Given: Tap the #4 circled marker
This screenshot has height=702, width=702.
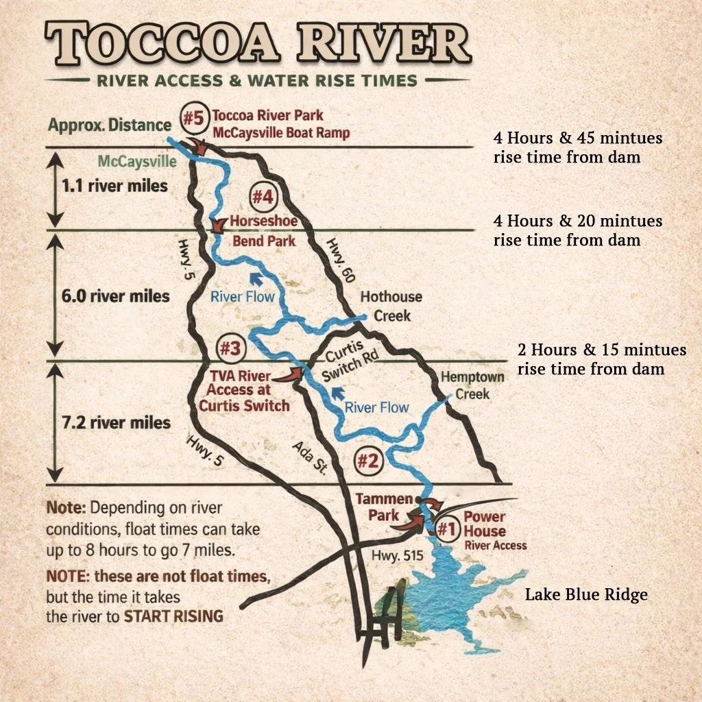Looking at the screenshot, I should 263,197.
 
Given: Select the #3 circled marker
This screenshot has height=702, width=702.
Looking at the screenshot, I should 230,349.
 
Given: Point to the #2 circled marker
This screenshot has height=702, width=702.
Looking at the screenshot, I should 367,461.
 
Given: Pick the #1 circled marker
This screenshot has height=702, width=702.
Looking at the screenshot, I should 446,529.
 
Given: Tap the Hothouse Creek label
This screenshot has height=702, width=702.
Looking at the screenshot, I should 391,306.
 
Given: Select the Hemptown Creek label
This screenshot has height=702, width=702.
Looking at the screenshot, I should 473,385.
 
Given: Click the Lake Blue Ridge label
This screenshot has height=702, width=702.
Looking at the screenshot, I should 586,594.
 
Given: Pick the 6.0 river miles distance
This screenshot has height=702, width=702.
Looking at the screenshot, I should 115,296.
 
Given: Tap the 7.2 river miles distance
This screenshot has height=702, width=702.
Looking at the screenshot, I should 116,422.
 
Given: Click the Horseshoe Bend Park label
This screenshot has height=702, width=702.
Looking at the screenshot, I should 264,231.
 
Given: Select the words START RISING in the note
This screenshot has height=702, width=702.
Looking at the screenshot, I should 173,616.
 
